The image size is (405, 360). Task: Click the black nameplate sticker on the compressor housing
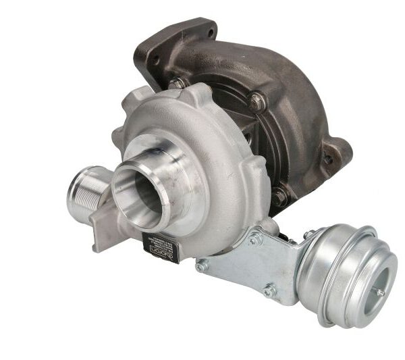pyautogui.click(x=161, y=247)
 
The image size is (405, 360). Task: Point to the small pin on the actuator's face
pyautogui.click(x=379, y=291)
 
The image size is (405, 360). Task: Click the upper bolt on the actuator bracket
pyautogui.click(x=256, y=238)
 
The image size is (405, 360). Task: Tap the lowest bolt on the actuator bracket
pyautogui.click(x=269, y=292)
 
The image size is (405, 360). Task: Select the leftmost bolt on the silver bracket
pyautogui.click(x=201, y=265)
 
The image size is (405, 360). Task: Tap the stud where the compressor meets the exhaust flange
pyautogui.click(x=178, y=82)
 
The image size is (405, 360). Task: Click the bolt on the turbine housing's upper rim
pyautogui.click(x=256, y=102)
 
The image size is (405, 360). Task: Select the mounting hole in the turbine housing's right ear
pyautogui.click(x=329, y=159)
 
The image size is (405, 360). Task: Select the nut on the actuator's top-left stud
pyautogui.click(x=309, y=234)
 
